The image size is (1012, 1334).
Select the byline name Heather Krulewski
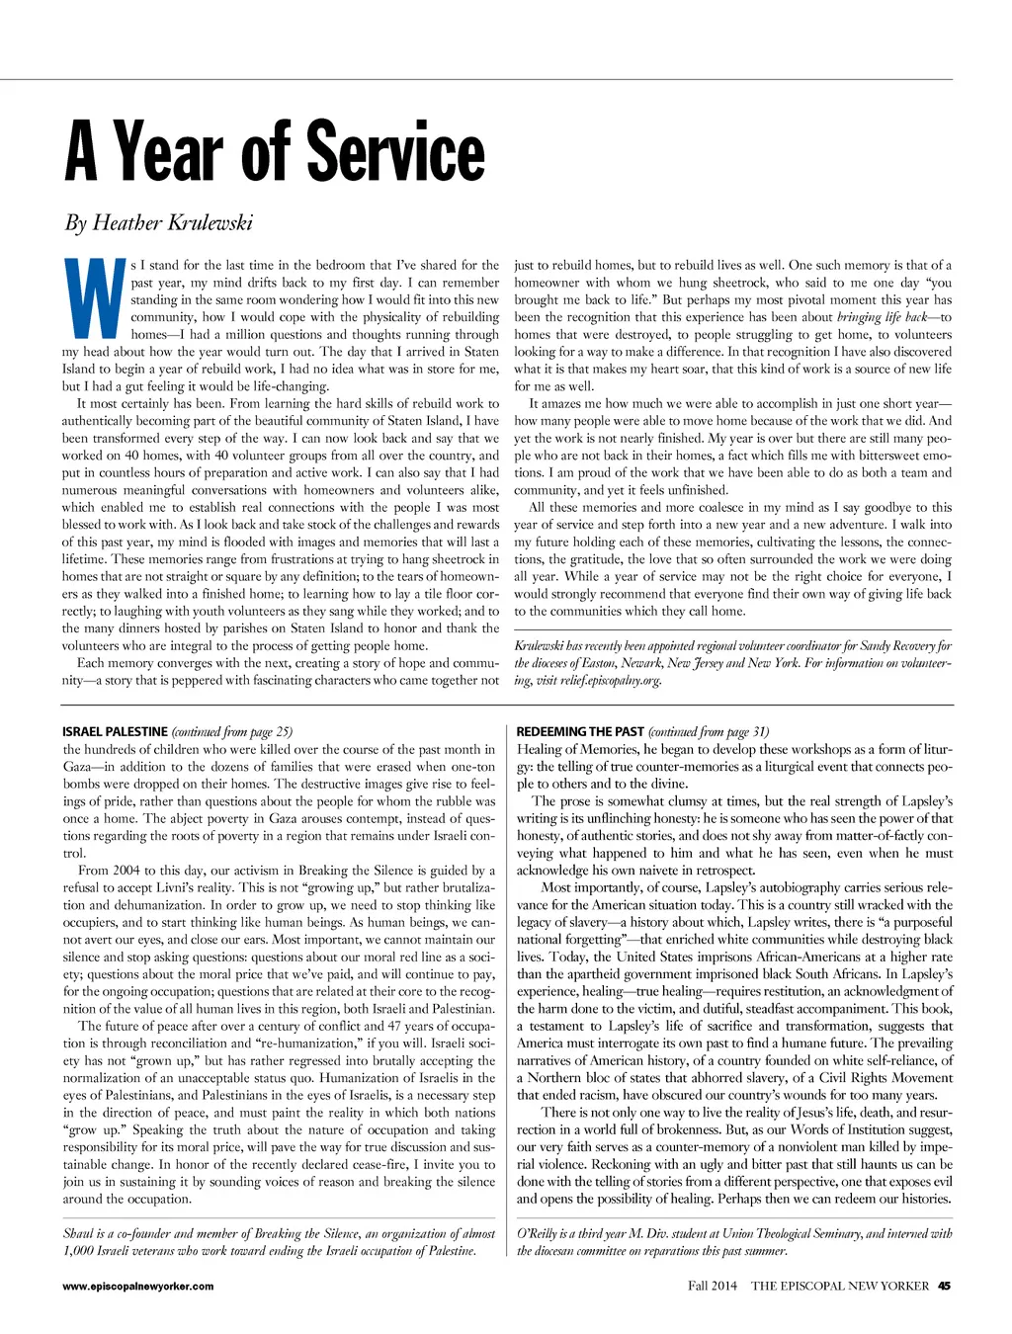pyautogui.click(x=172, y=222)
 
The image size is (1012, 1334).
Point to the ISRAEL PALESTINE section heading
pyautogui.click(x=115, y=732)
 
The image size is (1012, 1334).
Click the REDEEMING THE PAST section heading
pyautogui.click(x=580, y=732)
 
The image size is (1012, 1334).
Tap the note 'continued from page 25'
pyautogui.click(x=232, y=732)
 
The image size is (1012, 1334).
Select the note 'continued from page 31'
pyautogui.click(x=709, y=732)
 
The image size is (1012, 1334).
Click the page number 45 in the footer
pyautogui.click(x=944, y=1286)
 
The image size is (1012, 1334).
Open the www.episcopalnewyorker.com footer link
pyautogui.click(x=137, y=1287)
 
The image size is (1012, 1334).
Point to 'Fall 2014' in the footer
pyautogui.click(x=713, y=1286)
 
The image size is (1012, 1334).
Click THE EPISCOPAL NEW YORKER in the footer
pyautogui.click(x=840, y=1286)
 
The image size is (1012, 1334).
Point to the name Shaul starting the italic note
pyautogui.click(x=79, y=1233)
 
